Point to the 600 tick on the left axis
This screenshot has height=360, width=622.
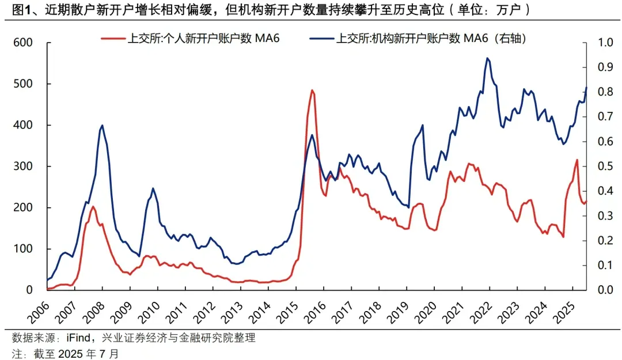[25, 43]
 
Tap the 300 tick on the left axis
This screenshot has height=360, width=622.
[25, 166]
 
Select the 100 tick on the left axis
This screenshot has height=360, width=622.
[25, 249]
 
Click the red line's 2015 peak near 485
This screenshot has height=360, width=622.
[312, 90]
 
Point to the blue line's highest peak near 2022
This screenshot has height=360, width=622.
[488, 58]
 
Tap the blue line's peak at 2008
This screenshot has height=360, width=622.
[102, 125]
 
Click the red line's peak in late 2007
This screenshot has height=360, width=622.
[93, 206]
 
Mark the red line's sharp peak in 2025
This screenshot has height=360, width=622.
[577, 160]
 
